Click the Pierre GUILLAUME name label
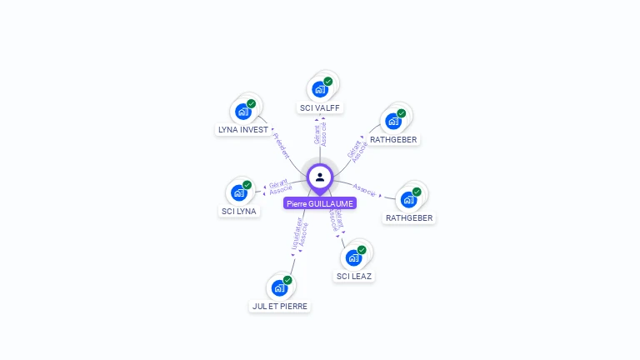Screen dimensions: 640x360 [x=320, y=203]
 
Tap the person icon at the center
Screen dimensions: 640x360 [x=320, y=177]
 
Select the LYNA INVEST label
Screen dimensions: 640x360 [x=243, y=130]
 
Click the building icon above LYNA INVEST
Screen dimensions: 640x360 [x=242, y=112]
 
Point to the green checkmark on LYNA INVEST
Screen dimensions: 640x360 [x=251, y=104]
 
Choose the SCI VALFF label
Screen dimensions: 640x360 [x=321, y=107]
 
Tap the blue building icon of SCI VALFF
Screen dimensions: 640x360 [x=319, y=89]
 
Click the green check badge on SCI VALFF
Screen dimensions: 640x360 [x=328, y=82]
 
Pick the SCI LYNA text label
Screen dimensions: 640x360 [x=239, y=211]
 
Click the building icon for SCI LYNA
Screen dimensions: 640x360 [x=238, y=192]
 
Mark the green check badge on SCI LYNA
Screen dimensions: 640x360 [x=247, y=185]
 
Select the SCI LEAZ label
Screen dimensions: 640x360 [x=355, y=276]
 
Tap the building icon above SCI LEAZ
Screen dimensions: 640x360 [x=353, y=257]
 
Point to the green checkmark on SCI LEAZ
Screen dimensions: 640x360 [x=362, y=250]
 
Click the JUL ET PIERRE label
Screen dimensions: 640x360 [x=280, y=306]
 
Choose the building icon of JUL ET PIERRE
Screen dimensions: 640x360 [x=279, y=287]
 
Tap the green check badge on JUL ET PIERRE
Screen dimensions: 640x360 [x=287, y=280]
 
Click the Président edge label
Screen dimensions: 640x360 [x=282, y=145]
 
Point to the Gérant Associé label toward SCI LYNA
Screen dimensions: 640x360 [x=280, y=187]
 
